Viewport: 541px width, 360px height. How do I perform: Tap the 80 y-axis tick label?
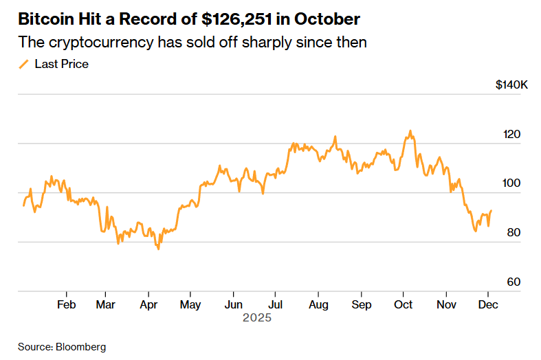click(512, 232)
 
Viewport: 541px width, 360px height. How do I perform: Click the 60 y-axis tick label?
click(512, 282)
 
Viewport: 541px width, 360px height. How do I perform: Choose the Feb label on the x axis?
click(66, 304)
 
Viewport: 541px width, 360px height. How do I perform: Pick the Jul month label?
click(276, 304)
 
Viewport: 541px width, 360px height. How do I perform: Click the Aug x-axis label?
click(318, 304)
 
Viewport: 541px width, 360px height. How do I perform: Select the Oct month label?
click(404, 304)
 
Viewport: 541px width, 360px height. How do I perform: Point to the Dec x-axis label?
click(489, 304)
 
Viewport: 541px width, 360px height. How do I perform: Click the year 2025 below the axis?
click(257, 318)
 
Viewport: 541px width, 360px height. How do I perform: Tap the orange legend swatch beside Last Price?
click(23, 64)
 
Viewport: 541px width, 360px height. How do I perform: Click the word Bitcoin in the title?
click(43, 18)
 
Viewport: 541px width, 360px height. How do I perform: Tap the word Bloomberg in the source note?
click(80, 347)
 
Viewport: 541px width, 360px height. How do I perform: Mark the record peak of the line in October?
click(410, 131)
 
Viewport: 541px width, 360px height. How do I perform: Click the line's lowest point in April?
click(158, 248)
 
